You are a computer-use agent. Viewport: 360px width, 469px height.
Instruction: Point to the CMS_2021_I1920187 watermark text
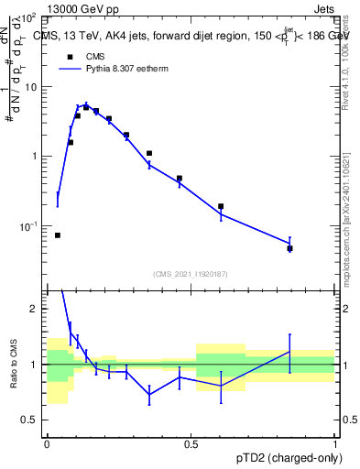pyautogui.click(x=191, y=274)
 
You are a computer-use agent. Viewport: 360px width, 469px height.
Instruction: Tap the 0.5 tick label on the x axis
pyautogui.click(x=191, y=444)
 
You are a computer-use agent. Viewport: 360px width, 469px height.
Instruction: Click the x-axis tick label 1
pyautogui.click(x=334, y=444)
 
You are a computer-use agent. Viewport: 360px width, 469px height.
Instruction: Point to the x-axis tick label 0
pyautogui.click(x=47, y=444)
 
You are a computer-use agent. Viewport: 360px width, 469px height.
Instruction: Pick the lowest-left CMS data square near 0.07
pyautogui.click(x=58, y=235)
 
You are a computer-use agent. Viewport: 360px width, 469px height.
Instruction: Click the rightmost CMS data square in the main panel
pyautogui.click(x=289, y=248)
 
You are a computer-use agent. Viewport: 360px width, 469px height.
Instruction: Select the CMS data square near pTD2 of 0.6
pyautogui.click(x=221, y=206)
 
